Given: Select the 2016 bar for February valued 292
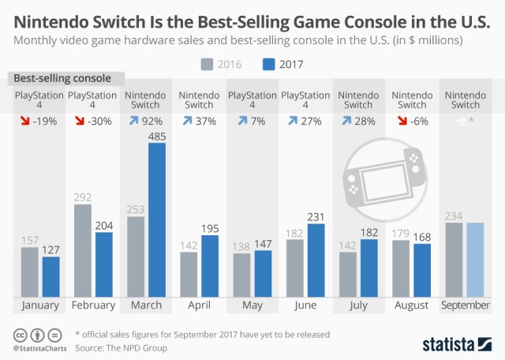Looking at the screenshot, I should pos(83,250).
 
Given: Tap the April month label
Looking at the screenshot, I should pos(199,305).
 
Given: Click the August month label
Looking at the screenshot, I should pos(411,305).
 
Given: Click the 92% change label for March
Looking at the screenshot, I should pos(151,122).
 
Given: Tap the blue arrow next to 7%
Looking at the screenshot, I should pos(241,122).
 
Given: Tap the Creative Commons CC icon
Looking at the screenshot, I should pos(18,334).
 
